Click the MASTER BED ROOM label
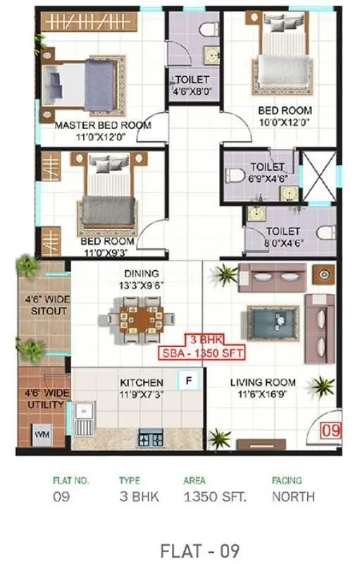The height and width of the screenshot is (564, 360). click(103, 125)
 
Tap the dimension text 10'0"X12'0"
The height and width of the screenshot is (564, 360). click(285, 123)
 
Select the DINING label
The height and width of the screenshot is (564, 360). click(142, 274)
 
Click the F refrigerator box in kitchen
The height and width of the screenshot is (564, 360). click(188, 381)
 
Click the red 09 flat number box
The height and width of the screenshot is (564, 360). click(330, 429)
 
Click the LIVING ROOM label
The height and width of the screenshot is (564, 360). click(263, 383)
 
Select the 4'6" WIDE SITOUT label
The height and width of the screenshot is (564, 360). click(45, 305)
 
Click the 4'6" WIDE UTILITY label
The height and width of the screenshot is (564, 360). click(45, 399)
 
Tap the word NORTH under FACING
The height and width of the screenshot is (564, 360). click(293, 496)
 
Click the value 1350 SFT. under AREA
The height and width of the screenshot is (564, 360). click(215, 496)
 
